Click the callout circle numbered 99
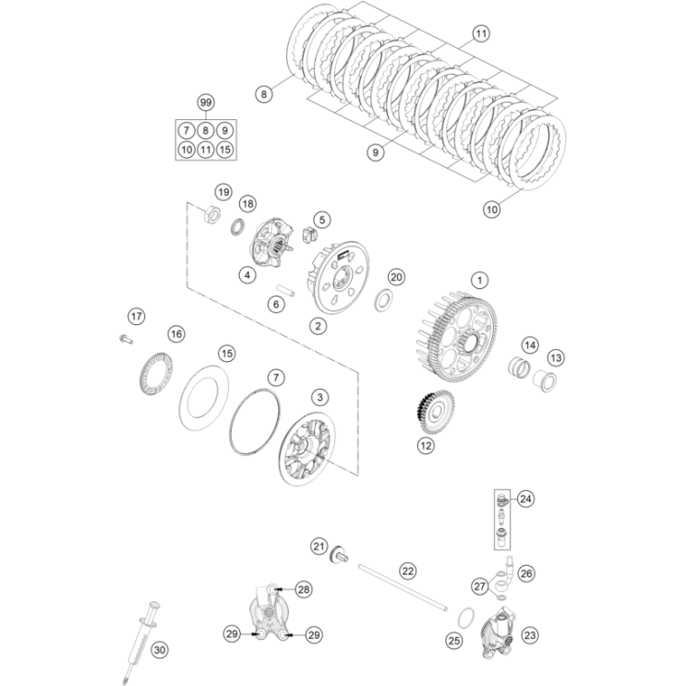(x=205, y=102)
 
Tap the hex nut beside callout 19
(x=212, y=213)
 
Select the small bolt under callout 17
(x=126, y=338)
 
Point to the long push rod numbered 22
(x=403, y=587)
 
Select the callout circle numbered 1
(x=479, y=280)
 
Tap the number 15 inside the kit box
(x=224, y=150)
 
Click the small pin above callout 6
(x=285, y=291)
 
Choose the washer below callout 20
(x=384, y=300)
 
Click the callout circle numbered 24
(x=525, y=499)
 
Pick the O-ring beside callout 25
(x=465, y=618)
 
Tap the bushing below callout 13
(x=545, y=380)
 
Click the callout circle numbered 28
(x=303, y=589)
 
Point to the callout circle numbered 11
(x=481, y=33)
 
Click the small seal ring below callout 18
(x=237, y=226)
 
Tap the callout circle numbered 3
(x=319, y=397)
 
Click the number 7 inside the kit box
(x=187, y=130)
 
